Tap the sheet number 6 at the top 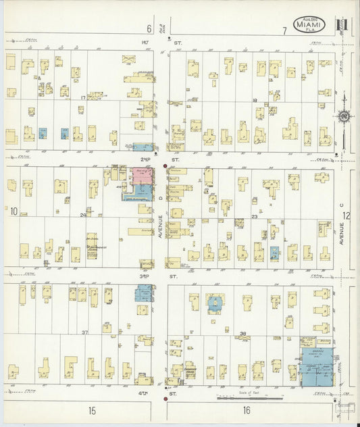click(149, 29)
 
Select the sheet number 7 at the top click(285, 30)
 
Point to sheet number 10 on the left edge click(14, 211)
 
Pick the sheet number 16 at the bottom click(247, 409)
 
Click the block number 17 click(83, 98)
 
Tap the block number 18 click(255, 100)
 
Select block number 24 click(83, 215)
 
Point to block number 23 click(255, 216)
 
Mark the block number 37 click(85, 332)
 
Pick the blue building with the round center click(215, 303)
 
